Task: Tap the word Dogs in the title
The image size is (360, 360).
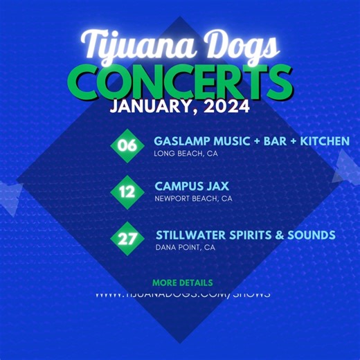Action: pos(235,46)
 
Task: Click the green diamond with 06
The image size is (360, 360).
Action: pos(127,145)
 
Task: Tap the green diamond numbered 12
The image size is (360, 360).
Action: pos(127,191)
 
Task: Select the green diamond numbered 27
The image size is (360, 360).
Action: pos(127,239)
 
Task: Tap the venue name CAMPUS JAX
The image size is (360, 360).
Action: pos(192,186)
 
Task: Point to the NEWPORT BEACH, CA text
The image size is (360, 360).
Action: pos(193,199)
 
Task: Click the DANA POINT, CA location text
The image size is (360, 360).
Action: pos(186,247)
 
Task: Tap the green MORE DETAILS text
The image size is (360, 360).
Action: pos(182,282)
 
